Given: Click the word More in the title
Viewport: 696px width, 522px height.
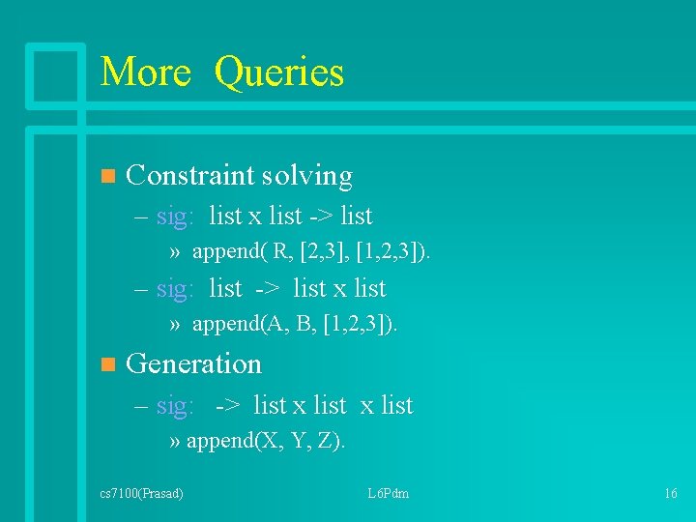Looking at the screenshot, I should coord(146,72).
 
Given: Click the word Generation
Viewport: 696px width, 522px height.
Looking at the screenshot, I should coord(193,364).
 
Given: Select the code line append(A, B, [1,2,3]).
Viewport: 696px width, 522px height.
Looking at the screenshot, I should coord(295,325).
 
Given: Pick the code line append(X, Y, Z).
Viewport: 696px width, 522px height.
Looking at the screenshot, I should coord(266,442).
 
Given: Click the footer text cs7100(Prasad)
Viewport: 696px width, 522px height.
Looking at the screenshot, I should coord(142,494).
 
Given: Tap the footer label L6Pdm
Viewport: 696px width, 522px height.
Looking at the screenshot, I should coord(389,494).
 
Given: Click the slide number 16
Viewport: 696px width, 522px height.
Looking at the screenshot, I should coord(671,494).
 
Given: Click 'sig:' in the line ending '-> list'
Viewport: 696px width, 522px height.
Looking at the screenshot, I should coord(175,217).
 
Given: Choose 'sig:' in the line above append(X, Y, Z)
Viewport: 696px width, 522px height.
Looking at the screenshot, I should coord(175,406).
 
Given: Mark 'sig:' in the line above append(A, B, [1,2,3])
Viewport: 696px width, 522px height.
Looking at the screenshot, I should coord(175,289).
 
